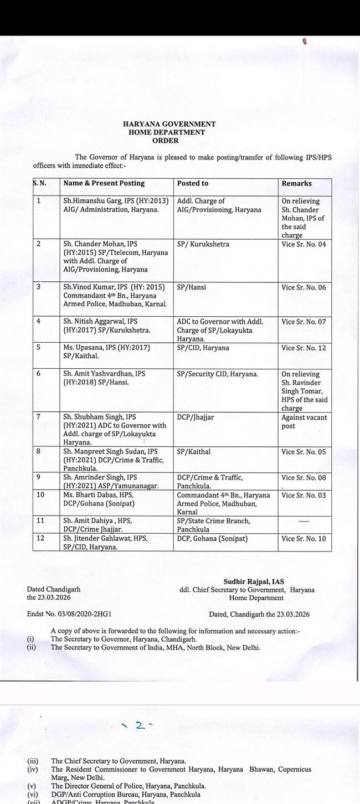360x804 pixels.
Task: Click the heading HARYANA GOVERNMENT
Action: pos(169,125)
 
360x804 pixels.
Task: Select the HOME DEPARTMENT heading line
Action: pos(166,133)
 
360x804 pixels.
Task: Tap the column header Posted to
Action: pos(193,183)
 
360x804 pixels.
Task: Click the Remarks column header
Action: pos(297,183)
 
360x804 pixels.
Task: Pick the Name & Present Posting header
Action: pos(104,183)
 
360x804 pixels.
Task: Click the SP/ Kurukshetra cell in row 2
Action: pos(203,245)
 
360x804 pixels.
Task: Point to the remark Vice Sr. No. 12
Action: pos(304,348)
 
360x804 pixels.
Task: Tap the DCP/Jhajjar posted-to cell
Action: pos(196,418)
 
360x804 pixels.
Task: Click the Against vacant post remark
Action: pos(304,422)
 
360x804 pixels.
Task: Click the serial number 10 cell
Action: pos(40,495)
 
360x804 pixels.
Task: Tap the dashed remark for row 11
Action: pos(303,522)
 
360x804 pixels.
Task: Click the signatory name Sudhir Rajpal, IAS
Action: pos(254,581)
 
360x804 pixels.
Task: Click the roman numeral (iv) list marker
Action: pos(32,770)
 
